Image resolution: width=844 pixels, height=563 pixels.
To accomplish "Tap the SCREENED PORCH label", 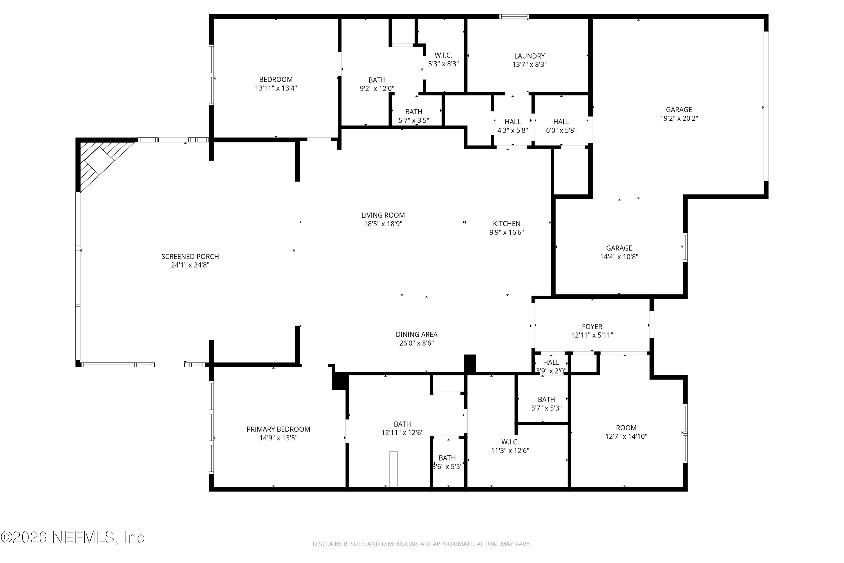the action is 190,257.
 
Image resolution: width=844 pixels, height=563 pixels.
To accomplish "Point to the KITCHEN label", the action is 506,224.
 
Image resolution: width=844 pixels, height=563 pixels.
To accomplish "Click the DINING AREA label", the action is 416,334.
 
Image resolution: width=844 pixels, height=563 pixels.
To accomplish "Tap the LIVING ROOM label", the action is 383,215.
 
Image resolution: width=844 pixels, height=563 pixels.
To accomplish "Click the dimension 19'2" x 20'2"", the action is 679,118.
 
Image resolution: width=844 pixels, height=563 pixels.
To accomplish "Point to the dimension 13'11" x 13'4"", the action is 276,88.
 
